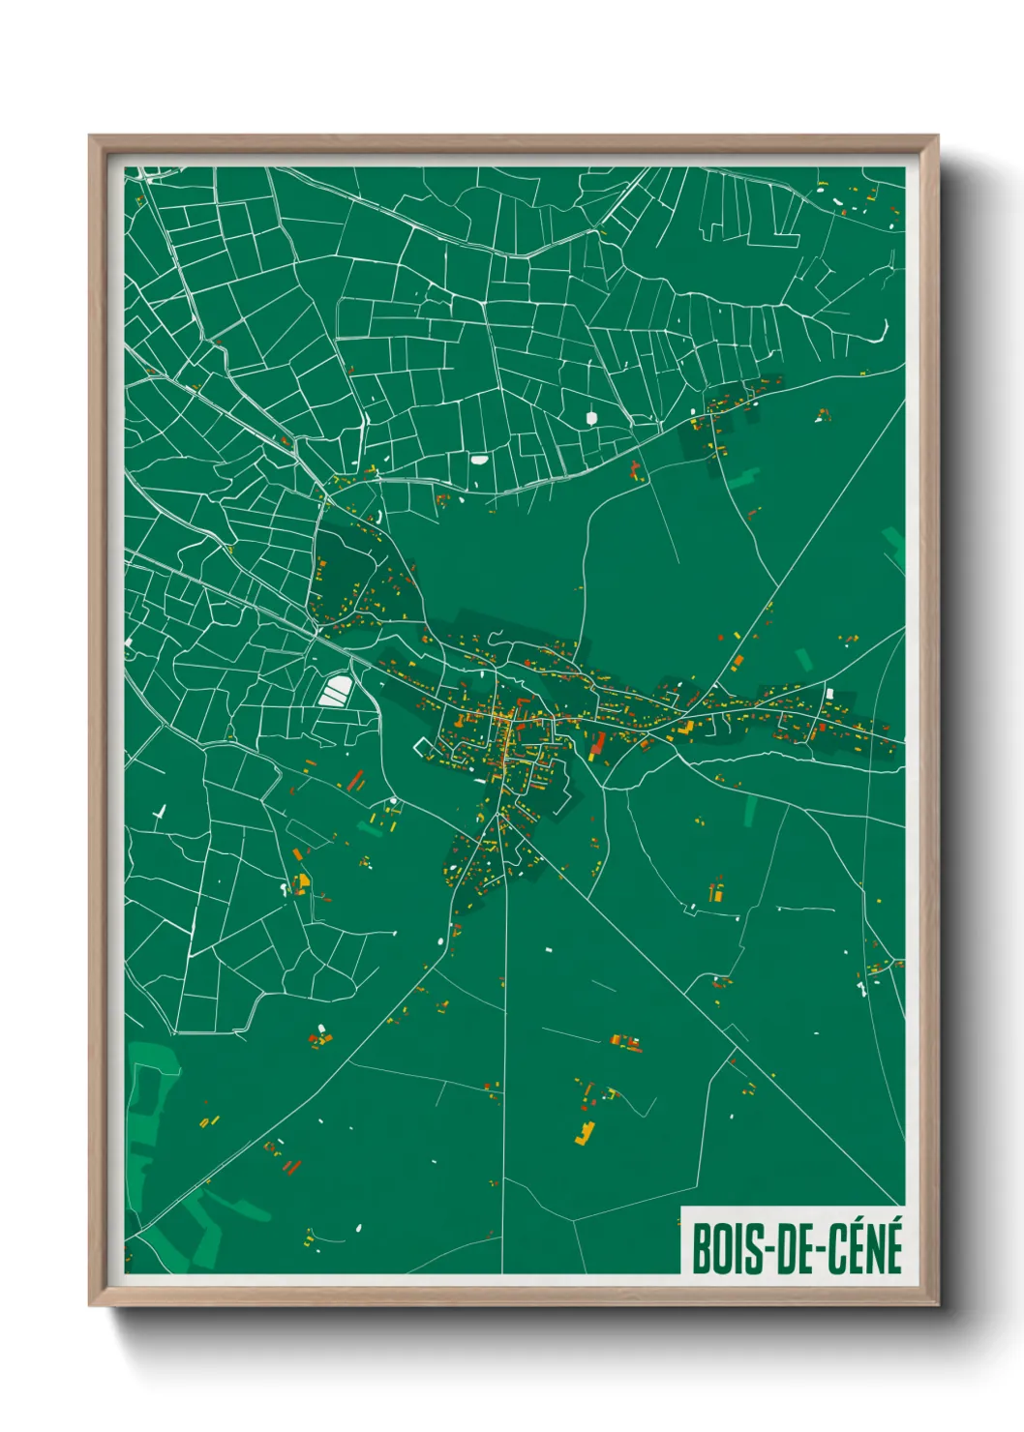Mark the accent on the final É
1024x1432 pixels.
[892, 1221]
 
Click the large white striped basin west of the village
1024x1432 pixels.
[336, 691]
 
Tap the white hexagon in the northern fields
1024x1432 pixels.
[591, 418]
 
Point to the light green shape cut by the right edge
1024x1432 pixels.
[895, 544]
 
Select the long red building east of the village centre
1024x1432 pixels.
[598, 743]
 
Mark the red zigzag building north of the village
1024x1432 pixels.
[636, 471]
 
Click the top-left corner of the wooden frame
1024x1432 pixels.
[90, 137]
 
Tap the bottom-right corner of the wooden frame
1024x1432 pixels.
[936, 1304]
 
